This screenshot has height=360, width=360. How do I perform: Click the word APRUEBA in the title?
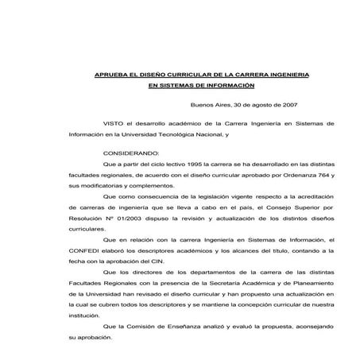click(108, 74)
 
